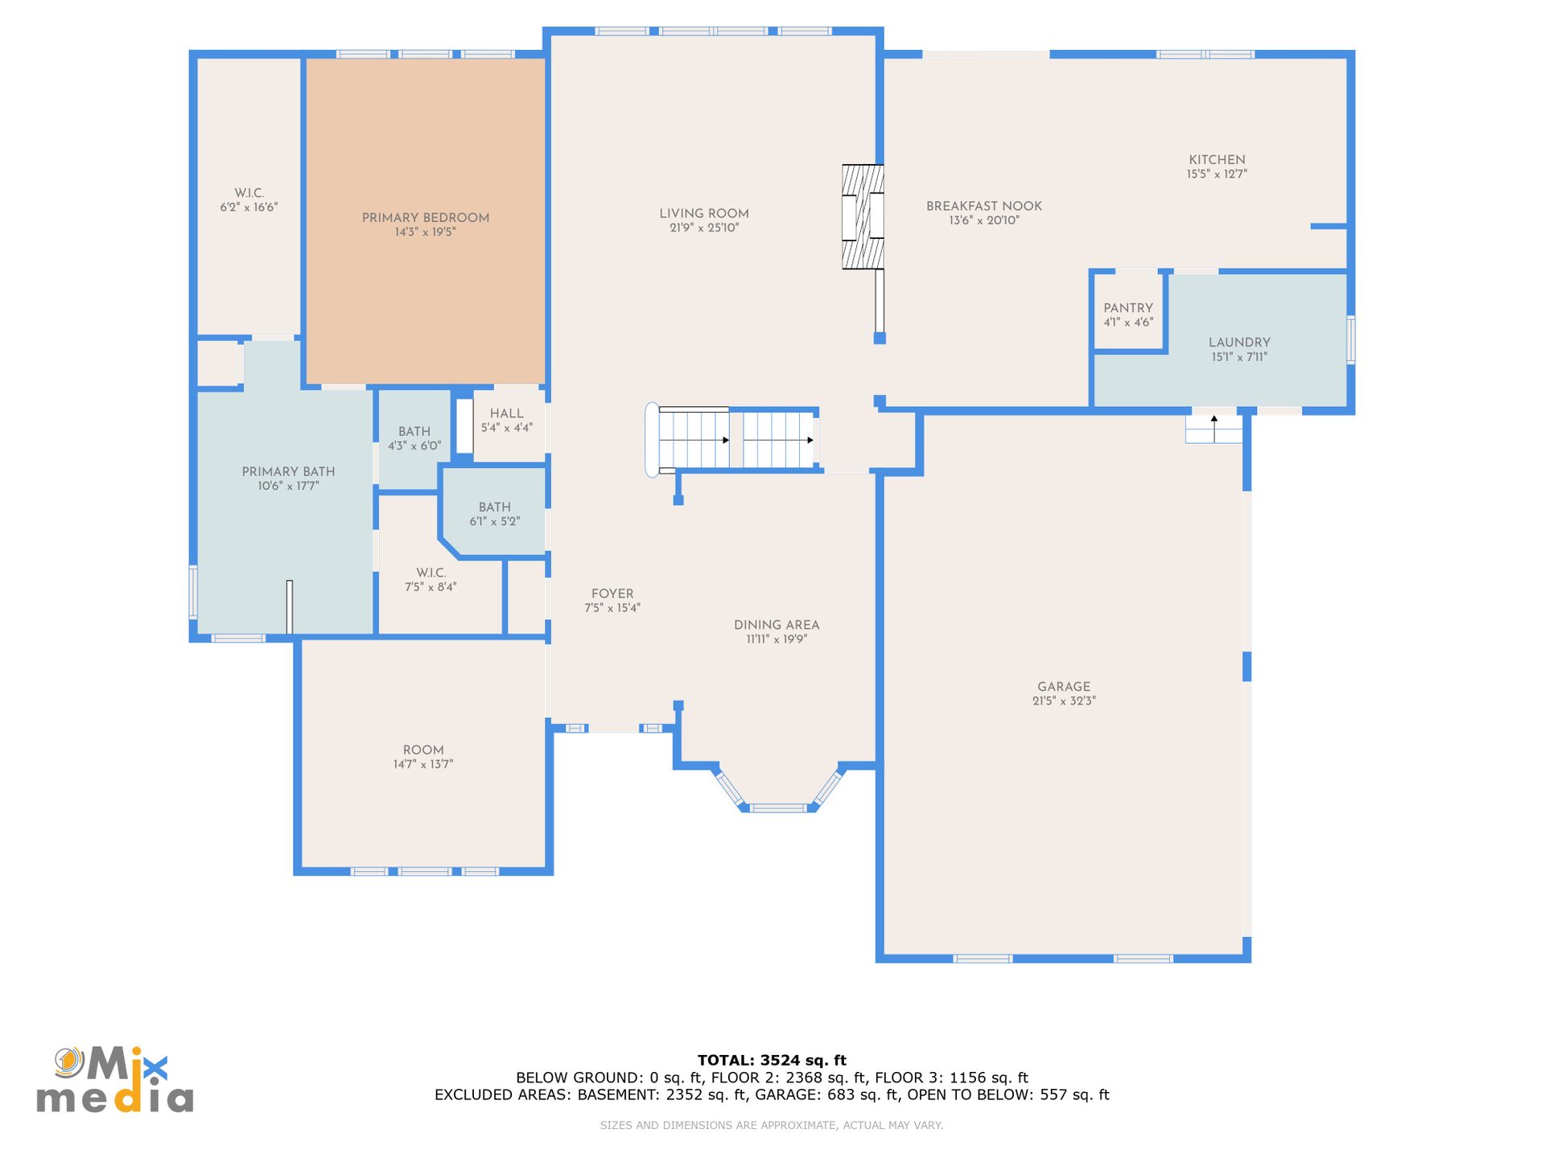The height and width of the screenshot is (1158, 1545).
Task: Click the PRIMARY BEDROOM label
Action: (x=426, y=218)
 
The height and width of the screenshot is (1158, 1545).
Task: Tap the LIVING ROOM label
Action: (x=704, y=214)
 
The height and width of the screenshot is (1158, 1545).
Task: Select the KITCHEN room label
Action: (x=1217, y=160)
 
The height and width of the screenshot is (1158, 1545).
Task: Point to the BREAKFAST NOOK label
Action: (x=984, y=207)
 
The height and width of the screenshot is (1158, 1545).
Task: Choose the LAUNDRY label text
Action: (x=1239, y=343)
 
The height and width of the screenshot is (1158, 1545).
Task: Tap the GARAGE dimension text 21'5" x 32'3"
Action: (x=1064, y=701)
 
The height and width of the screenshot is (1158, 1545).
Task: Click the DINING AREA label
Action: (x=777, y=625)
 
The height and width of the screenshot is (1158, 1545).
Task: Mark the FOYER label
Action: (x=612, y=594)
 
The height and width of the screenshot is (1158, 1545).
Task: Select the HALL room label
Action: (x=507, y=413)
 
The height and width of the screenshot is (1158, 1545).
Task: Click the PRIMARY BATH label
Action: (x=288, y=472)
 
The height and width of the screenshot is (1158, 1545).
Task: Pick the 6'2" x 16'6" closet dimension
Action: (x=249, y=207)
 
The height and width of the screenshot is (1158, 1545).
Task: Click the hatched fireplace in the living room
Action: (x=863, y=216)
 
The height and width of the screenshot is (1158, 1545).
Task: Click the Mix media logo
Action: (x=115, y=1080)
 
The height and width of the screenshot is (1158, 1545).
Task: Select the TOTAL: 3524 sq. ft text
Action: (x=772, y=1061)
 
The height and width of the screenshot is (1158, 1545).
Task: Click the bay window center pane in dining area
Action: (x=778, y=808)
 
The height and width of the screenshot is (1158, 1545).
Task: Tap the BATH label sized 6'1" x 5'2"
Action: (x=495, y=507)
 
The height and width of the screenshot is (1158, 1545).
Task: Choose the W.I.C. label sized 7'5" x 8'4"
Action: (x=431, y=573)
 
